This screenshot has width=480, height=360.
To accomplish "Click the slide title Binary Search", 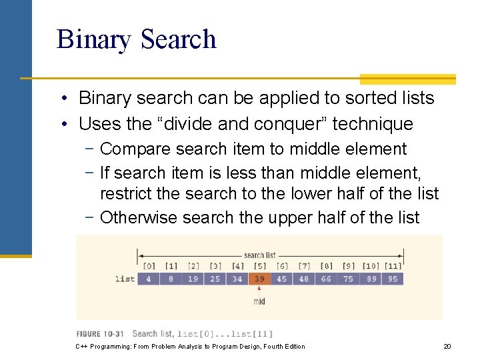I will click(x=137, y=39).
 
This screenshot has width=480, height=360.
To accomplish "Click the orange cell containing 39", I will click(x=259, y=279).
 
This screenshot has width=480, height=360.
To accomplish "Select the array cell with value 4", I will click(x=148, y=279).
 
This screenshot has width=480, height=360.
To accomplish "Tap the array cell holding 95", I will click(x=392, y=279).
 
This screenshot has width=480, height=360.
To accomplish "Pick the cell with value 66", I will click(x=325, y=279).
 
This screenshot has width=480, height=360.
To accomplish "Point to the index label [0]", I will click(x=148, y=267).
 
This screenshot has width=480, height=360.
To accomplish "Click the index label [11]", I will click(x=392, y=267).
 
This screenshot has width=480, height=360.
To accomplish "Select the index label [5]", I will click(x=259, y=267).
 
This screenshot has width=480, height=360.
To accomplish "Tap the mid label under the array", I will click(x=259, y=301).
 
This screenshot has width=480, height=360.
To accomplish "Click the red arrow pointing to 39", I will click(x=259, y=290).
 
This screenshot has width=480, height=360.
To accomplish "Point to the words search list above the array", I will click(x=259, y=255).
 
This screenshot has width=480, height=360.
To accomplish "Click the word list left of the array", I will click(x=125, y=279).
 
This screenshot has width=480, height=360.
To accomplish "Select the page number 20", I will click(x=447, y=347).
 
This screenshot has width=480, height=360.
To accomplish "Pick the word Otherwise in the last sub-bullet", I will click(x=139, y=217).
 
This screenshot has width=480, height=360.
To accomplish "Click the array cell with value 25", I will click(x=215, y=279).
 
